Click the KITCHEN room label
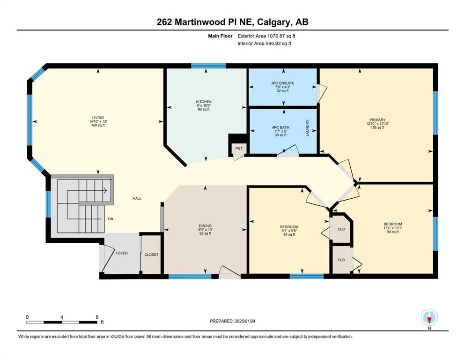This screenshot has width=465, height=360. tap(204, 102)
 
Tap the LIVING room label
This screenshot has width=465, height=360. tap(98, 118)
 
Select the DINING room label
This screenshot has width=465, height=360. tap(205, 226)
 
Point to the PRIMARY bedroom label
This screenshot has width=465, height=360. tap(377, 120)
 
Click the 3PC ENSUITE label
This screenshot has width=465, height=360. tap(283, 83)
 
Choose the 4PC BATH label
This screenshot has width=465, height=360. tap(280, 127)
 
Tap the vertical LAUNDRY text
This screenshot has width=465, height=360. tap(307, 128)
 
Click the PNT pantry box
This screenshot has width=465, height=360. tap(239, 149)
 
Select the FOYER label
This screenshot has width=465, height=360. tap(122, 253)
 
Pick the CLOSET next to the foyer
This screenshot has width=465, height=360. tap(151, 255)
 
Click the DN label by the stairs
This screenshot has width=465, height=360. tap(111, 219)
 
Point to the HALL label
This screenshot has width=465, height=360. tap(137, 199)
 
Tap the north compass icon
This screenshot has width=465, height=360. tap(429, 317)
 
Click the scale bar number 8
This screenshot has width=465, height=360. tap(97, 317)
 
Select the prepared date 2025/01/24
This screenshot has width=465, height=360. tap(244, 321)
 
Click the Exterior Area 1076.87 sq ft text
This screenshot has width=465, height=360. tap(266, 36)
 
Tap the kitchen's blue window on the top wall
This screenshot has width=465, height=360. tap(208, 66)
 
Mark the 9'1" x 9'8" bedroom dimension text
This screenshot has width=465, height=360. tap(289, 231)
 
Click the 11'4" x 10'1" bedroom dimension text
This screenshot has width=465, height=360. tap(392, 228)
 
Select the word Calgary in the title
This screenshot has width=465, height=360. tap(274, 22)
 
